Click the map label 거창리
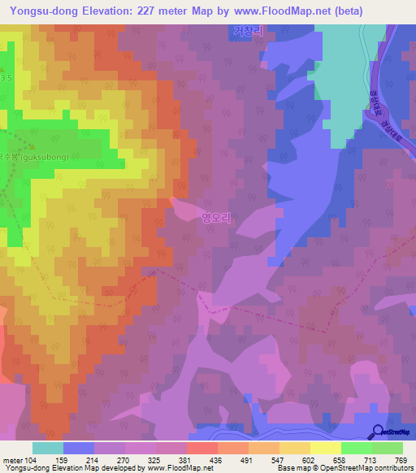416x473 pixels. coord(248,32)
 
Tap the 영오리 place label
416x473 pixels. coord(217,218)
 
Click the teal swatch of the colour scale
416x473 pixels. coord(48,448)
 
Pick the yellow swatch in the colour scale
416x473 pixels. coord(325,448)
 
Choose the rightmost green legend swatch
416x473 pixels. coord(387,448)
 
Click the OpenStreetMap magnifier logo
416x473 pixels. coord(379,431)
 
